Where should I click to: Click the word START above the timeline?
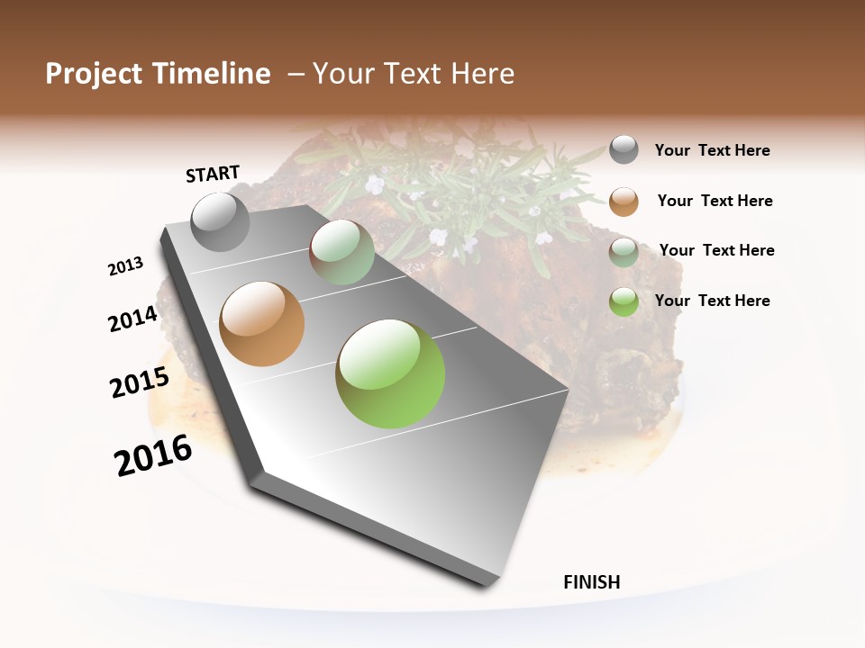[213, 174]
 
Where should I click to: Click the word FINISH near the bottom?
[592, 582]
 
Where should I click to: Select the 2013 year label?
[125, 266]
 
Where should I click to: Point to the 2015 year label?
[140, 382]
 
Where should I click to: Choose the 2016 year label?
[153, 455]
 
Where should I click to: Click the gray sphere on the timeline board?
[221, 222]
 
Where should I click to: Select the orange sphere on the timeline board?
[262, 324]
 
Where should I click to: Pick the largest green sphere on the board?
[390, 373]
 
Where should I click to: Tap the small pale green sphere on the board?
[341, 252]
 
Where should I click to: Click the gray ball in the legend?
[624, 149]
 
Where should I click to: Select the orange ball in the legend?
[624, 201]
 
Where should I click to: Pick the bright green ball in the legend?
[624, 301]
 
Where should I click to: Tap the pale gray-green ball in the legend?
[624, 251]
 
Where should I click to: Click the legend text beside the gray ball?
[712, 151]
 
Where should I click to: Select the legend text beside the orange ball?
[715, 201]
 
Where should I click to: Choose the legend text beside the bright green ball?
[712, 301]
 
